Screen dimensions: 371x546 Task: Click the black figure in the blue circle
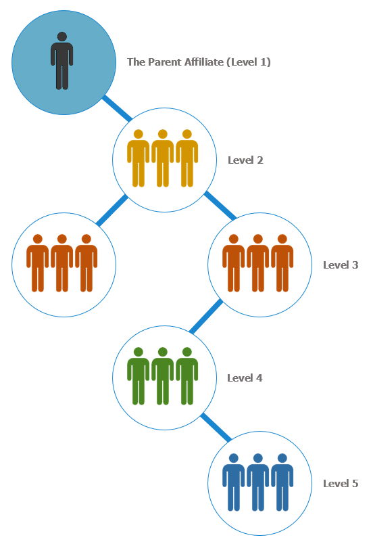click(62, 61)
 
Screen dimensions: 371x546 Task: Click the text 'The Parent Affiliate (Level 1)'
click(199, 62)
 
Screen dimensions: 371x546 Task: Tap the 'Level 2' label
click(245, 160)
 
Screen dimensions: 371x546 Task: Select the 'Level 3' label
click(341, 265)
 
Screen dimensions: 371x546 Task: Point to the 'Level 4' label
click(245, 378)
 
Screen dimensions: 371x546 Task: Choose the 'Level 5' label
click(341, 483)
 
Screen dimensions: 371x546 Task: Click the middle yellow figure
click(162, 158)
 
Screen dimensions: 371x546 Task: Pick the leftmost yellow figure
click(138, 158)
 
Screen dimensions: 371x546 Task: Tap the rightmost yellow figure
click(187, 158)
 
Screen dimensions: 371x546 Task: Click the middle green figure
click(162, 376)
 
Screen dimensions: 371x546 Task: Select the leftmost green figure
click(138, 376)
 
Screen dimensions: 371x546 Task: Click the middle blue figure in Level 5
click(257, 482)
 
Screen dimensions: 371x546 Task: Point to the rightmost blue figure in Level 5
click(282, 482)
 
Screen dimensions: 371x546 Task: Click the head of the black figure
click(62, 37)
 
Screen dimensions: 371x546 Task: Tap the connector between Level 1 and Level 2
click(117, 108)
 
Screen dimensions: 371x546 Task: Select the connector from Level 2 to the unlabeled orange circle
click(112, 210)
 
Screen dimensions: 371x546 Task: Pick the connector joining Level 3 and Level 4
click(206, 316)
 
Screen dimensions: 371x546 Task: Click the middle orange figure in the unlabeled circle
click(62, 263)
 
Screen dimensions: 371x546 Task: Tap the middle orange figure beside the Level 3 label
click(257, 263)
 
